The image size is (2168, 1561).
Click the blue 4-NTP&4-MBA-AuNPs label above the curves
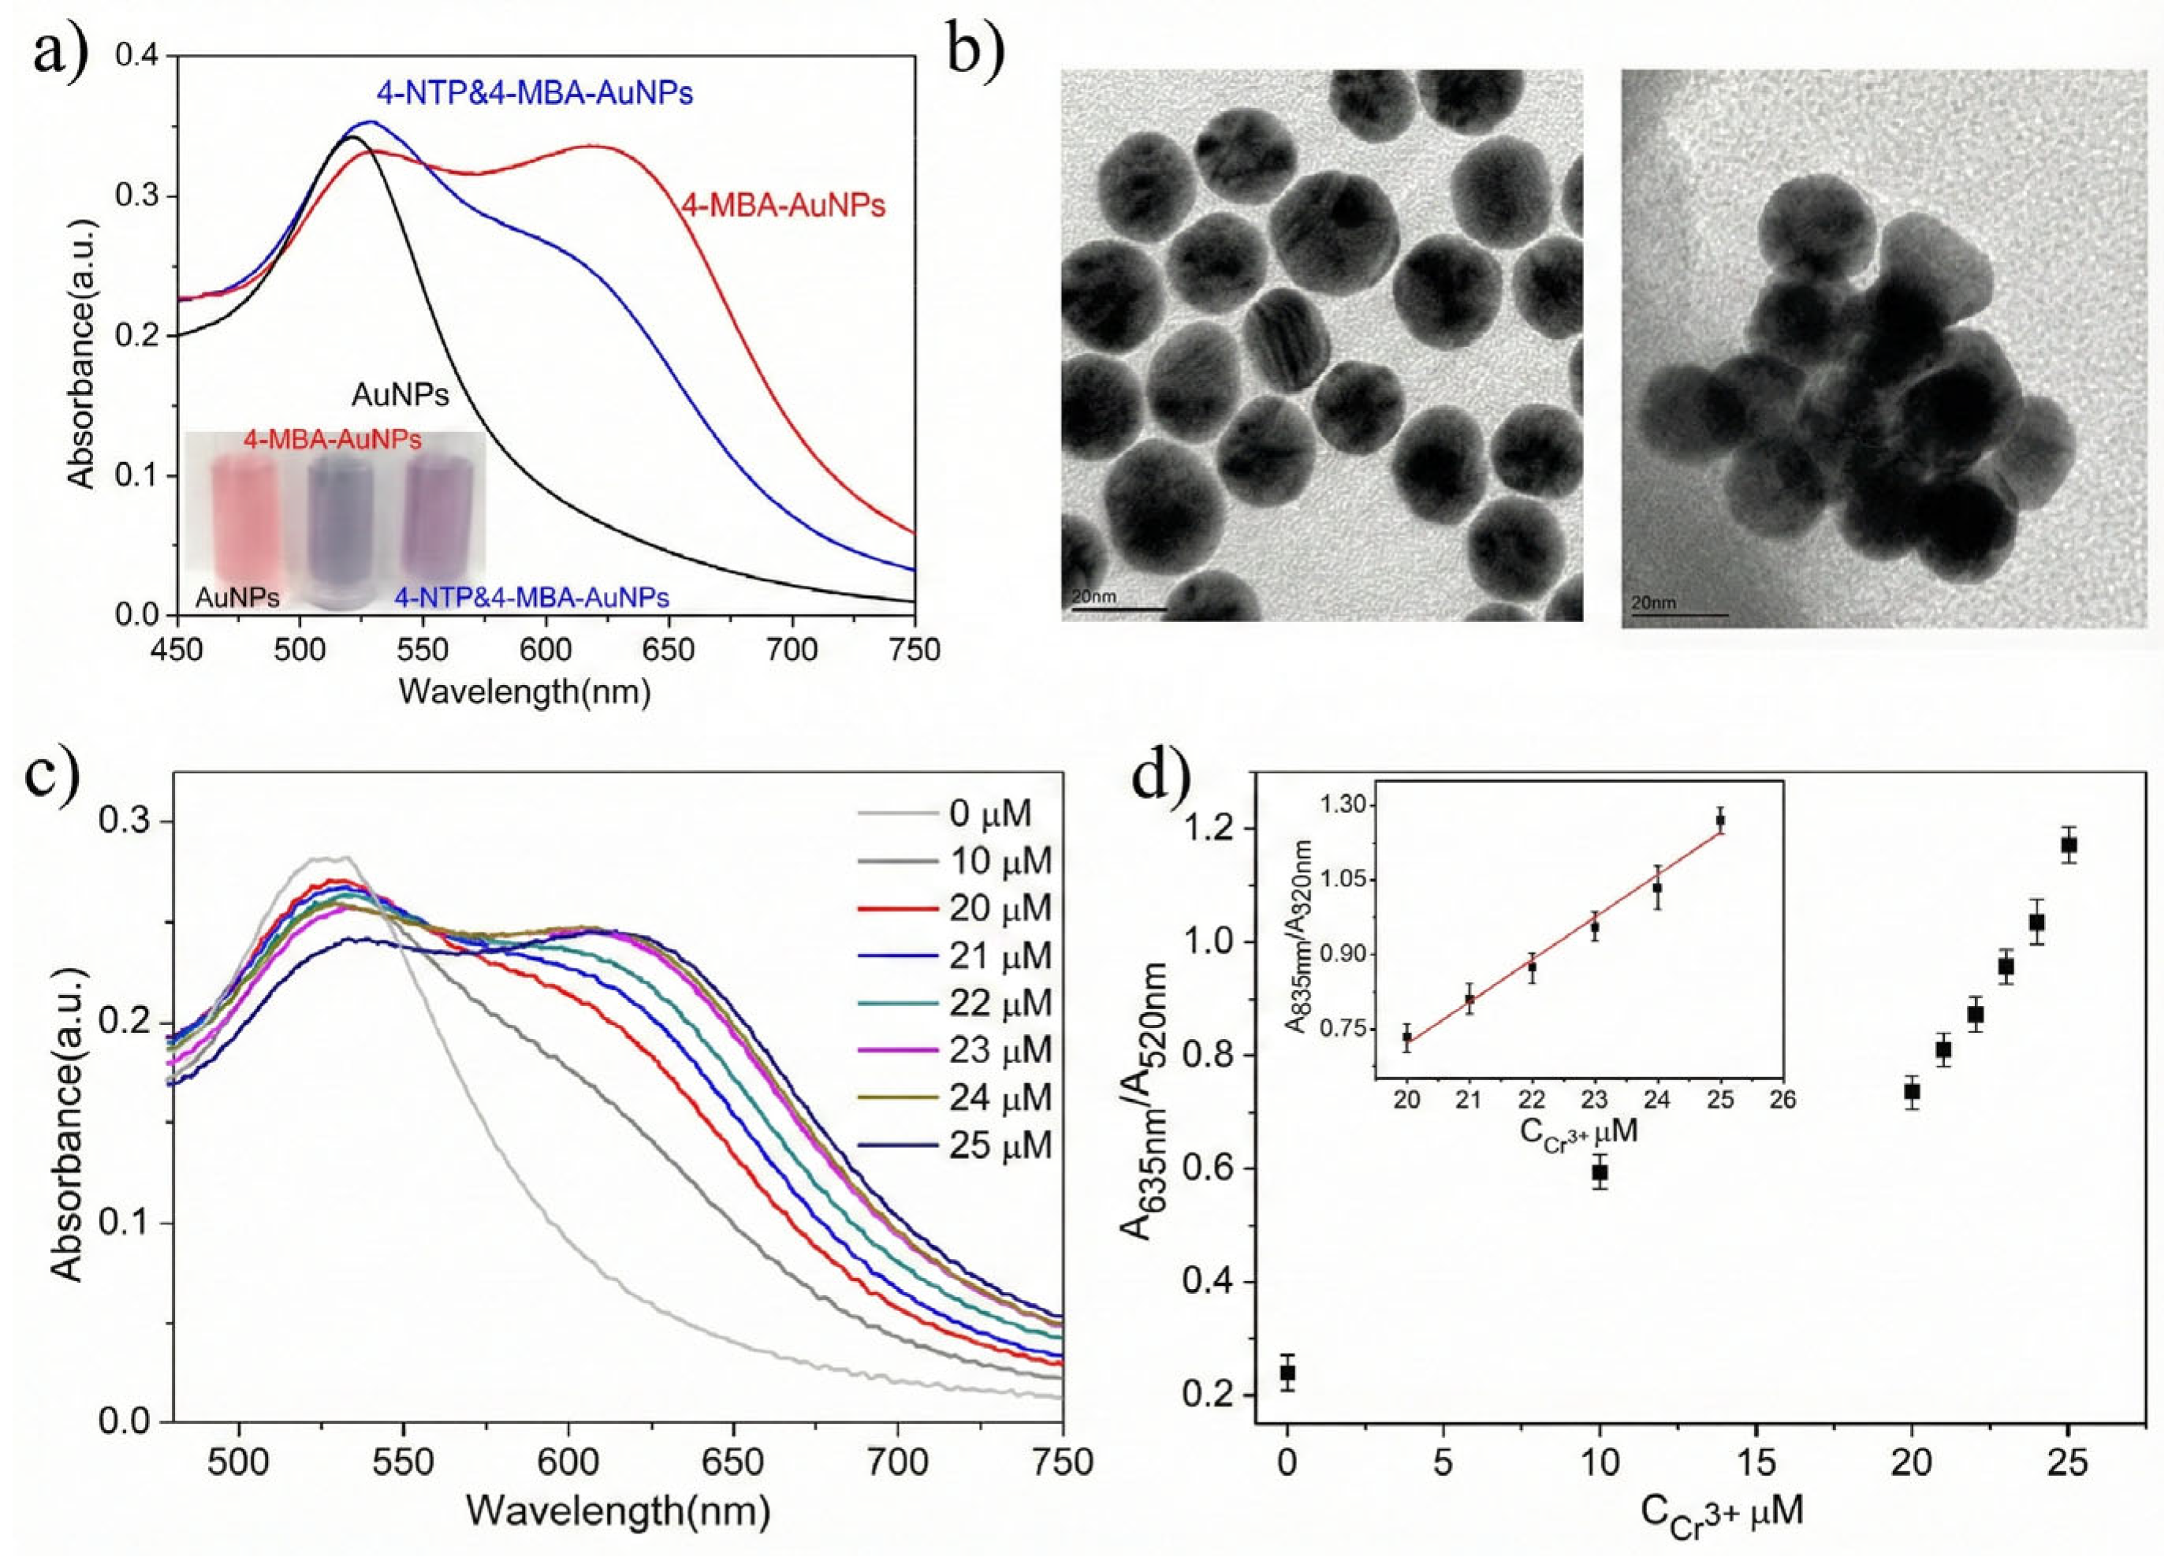point(535,93)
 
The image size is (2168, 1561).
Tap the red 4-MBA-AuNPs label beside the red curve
point(783,206)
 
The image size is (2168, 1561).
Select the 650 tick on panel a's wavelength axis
point(669,650)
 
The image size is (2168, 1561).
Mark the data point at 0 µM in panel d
point(1287,1373)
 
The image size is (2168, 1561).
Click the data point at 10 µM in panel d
point(1600,1172)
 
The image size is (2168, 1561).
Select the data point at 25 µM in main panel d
point(2069,845)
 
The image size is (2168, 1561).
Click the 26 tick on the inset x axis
point(1782,1101)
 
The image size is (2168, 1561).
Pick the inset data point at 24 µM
point(1658,888)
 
